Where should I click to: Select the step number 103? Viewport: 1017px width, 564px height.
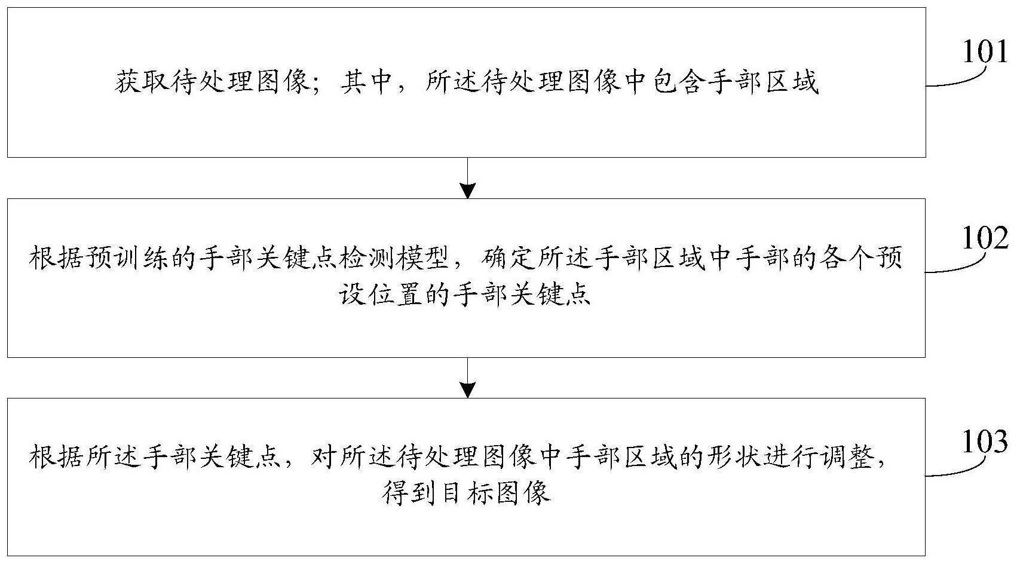[x=985, y=442]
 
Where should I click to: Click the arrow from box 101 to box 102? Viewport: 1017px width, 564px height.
[x=468, y=178]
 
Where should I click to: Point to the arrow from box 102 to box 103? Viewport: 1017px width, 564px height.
[x=468, y=378]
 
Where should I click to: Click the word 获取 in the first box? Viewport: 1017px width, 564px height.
[x=142, y=82]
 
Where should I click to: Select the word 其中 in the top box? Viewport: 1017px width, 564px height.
[x=366, y=82]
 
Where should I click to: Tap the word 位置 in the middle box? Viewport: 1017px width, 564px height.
[x=394, y=295]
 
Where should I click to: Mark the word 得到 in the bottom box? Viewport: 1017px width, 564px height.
[x=409, y=493]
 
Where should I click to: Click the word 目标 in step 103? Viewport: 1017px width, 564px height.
[x=465, y=493]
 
